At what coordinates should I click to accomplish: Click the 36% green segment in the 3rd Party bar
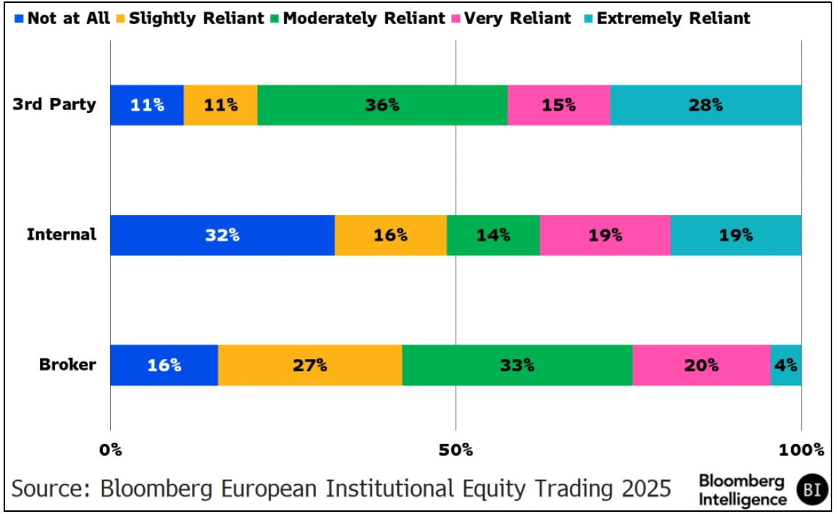tap(382, 105)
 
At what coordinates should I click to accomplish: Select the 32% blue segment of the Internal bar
tap(222, 235)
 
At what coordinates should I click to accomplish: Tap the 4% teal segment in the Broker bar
tap(786, 365)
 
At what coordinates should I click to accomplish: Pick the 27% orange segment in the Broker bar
tap(310, 365)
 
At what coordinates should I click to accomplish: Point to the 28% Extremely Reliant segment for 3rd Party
tap(705, 105)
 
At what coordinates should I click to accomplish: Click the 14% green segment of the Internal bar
tap(493, 235)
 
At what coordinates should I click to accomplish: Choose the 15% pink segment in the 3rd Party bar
tap(558, 105)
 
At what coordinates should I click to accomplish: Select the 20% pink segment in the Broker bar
tap(701, 365)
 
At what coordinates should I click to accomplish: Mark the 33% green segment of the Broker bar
tap(517, 365)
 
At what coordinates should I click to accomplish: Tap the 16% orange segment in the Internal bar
tap(390, 235)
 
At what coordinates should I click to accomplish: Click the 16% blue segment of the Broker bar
tap(164, 365)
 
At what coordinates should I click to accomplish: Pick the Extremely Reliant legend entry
tap(667, 18)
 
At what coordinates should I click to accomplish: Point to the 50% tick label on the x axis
tap(456, 450)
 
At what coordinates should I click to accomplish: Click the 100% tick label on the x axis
tap(800, 450)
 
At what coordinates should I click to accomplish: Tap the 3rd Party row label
tap(54, 104)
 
